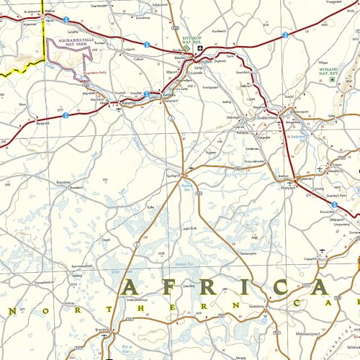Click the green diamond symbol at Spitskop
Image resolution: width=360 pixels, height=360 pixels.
[202, 50]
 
